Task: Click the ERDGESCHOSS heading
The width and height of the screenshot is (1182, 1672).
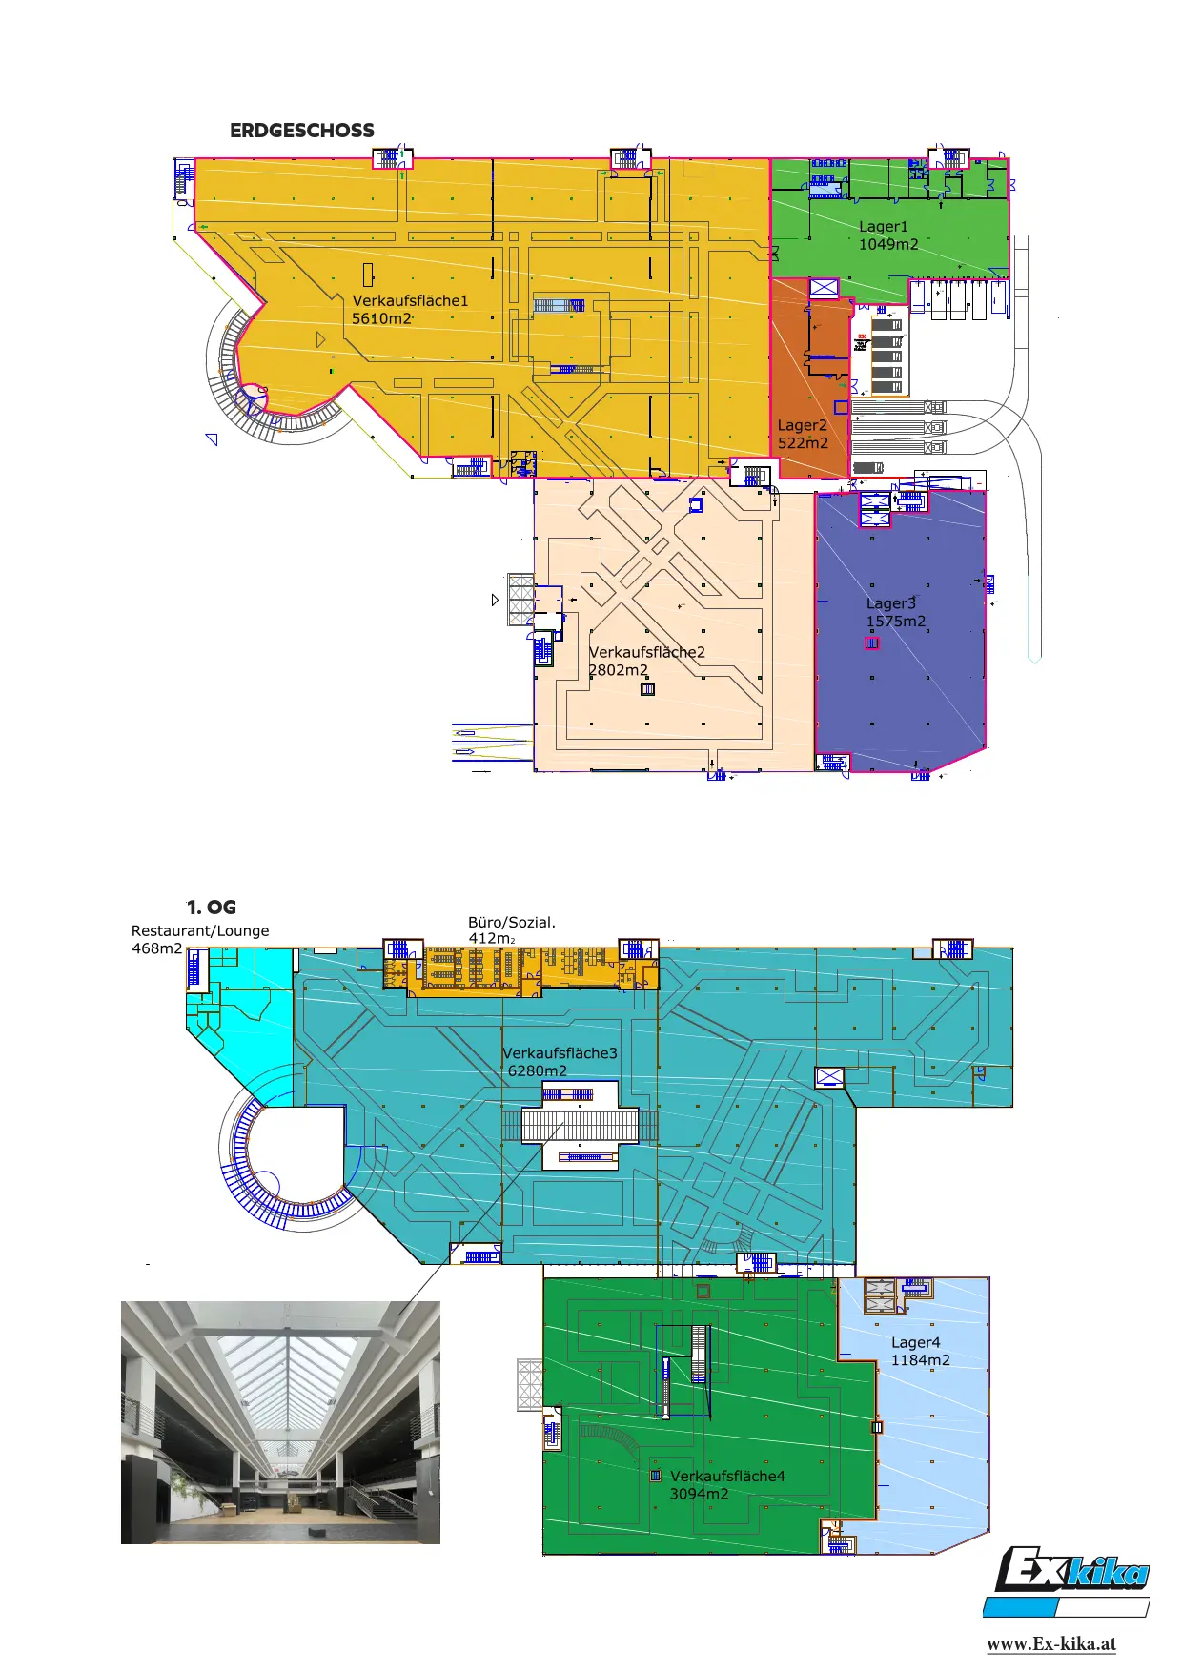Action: point(302,131)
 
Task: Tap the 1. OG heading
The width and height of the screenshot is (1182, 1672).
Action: point(212,907)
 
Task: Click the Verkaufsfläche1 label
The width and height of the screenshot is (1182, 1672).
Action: point(410,301)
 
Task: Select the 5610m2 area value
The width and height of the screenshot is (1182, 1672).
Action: point(382,318)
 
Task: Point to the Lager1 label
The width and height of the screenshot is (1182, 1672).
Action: point(884,227)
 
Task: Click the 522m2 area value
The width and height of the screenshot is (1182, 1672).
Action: point(803,443)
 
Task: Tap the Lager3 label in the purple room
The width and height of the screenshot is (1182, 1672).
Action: point(890,603)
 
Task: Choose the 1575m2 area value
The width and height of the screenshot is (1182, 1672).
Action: point(895,622)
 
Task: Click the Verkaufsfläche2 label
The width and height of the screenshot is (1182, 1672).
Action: point(647,653)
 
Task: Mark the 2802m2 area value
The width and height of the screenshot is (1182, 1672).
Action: point(618,670)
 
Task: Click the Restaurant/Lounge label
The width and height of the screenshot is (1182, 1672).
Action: point(200,931)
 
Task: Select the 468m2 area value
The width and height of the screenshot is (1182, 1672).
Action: point(156,948)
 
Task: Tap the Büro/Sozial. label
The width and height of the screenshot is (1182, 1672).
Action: point(512,923)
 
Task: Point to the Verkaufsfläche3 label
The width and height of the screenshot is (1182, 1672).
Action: point(560,1053)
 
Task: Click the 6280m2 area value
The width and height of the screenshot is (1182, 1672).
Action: point(538,1071)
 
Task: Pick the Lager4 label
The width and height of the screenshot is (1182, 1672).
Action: point(916,1343)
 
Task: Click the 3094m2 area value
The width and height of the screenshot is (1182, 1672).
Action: point(699,1494)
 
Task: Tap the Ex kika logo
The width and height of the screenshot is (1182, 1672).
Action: point(1068,1582)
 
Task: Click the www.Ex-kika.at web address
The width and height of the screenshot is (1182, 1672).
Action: point(1051,1643)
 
